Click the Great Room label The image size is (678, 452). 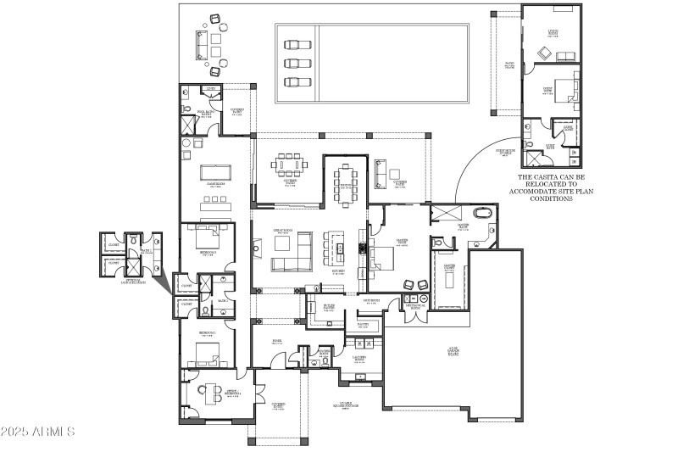click(x=282, y=231)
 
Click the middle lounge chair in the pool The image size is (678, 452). click(x=293, y=63)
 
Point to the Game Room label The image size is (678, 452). click(x=214, y=184)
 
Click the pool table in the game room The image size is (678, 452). click(x=215, y=172)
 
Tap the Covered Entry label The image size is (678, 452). click(x=278, y=406)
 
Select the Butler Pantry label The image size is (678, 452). click(x=332, y=307)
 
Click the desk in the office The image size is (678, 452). click(x=206, y=392)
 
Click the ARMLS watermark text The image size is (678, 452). click(x=39, y=432)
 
